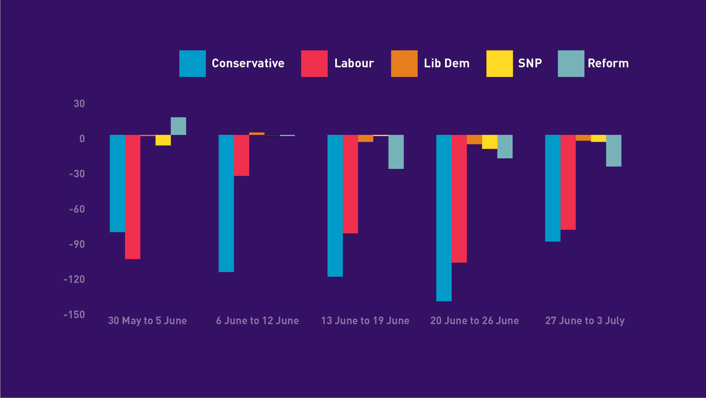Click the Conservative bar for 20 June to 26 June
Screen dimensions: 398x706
coord(444,218)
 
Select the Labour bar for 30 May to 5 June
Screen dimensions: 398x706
coord(132,197)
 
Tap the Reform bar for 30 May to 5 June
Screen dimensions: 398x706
coord(178,126)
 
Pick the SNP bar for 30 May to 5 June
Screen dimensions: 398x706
coord(163,140)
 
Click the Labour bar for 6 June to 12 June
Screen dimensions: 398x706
coord(241,155)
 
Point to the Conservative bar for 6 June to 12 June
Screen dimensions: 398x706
coord(226,203)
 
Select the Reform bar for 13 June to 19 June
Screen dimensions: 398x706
coord(396,152)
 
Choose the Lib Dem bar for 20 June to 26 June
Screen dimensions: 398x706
coord(474,140)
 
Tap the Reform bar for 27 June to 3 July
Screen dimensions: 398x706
coord(614,151)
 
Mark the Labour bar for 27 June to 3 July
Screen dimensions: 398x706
coord(568,182)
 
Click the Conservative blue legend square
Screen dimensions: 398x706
coord(192,64)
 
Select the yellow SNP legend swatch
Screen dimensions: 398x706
coord(499,64)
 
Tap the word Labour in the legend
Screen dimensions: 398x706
coord(354,63)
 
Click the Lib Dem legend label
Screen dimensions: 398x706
coord(446,63)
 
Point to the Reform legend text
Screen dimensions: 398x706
coord(608,63)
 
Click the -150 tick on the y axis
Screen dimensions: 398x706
coord(74,315)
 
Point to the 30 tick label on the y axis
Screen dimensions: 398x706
coord(79,104)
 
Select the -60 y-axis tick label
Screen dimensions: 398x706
coord(77,209)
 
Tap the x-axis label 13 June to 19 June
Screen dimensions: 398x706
coord(365,321)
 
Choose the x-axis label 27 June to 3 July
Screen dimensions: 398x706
coord(585,321)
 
